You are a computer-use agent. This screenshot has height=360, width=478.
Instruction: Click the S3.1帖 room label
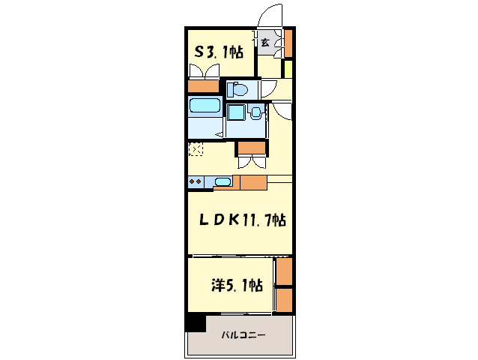(x=219, y=52)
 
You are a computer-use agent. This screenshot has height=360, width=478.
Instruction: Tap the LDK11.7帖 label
(x=242, y=219)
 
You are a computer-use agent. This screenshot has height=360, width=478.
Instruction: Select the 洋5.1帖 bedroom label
(x=238, y=285)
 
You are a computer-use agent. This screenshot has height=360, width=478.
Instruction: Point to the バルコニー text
(x=243, y=335)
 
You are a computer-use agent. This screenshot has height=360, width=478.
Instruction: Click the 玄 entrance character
(x=265, y=43)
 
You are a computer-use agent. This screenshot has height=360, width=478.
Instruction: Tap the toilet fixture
(x=238, y=89)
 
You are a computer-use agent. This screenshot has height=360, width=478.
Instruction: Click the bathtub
(x=205, y=105)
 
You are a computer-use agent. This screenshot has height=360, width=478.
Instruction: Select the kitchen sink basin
(x=223, y=181)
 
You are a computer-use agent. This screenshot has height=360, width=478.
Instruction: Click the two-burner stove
(x=196, y=181)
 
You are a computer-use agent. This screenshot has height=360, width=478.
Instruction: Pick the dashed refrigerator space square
(x=196, y=149)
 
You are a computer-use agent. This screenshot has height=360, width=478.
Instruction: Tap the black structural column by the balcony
(x=196, y=323)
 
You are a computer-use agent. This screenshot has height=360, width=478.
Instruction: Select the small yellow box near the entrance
(x=288, y=69)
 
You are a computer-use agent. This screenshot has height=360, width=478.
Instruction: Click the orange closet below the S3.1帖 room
(x=203, y=86)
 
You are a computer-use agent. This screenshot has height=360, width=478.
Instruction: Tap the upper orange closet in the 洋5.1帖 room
(x=285, y=271)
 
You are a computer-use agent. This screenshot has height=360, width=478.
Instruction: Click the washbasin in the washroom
(x=255, y=112)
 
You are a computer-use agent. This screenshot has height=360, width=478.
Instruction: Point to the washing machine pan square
(x=237, y=112)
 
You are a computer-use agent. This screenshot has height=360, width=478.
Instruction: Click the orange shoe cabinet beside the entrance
(x=288, y=43)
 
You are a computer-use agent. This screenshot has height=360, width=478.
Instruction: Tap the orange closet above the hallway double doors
(x=252, y=148)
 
